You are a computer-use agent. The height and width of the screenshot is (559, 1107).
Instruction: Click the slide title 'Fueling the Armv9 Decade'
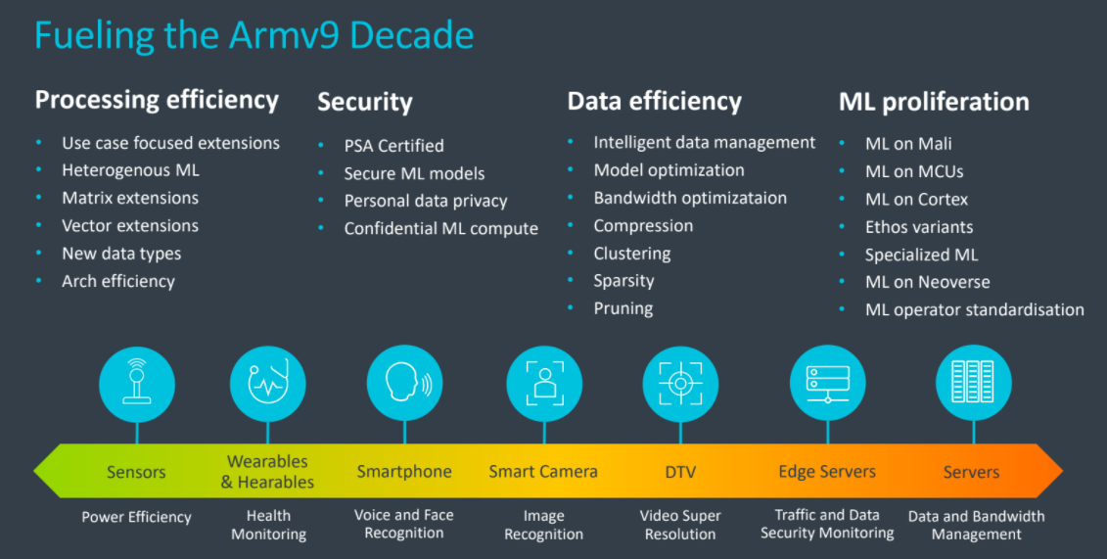[x=254, y=35]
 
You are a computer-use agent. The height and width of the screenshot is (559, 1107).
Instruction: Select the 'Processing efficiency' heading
[x=157, y=100]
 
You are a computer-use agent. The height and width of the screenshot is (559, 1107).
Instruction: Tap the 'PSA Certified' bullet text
[x=393, y=146]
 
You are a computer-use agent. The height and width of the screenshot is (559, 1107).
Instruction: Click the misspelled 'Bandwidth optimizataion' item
[x=690, y=198]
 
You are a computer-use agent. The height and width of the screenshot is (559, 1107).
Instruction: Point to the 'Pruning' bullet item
[x=623, y=308]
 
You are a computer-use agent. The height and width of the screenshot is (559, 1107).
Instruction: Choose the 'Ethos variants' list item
[x=918, y=227]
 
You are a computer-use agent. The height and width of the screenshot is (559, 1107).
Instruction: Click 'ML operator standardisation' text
[x=974, y=310]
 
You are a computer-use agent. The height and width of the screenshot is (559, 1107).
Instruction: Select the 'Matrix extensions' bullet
[x=130, y=198]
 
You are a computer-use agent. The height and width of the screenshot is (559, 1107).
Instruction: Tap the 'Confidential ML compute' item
[x=440, y=229]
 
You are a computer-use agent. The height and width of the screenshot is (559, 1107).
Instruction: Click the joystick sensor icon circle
[x=137, y=384]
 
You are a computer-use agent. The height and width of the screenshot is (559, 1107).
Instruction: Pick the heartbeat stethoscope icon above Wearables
[x=268, y=384]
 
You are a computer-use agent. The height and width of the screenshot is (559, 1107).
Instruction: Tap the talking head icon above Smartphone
[x=404, y=384]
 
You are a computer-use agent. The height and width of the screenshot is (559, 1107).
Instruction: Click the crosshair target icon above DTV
[x=680, y=384]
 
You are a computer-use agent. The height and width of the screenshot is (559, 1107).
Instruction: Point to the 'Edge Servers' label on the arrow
[x=826, y=471]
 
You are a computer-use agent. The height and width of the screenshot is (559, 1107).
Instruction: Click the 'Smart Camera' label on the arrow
[x=542, y=471]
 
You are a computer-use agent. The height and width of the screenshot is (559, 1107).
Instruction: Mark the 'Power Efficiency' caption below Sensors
[x=136, y=517]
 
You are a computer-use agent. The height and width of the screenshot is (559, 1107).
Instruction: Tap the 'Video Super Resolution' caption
[x=680, y=525]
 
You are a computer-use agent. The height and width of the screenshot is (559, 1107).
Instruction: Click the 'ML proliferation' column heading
[x=933, y=102]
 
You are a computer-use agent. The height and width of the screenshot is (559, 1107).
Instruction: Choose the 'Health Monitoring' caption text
[x=268, y=525]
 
